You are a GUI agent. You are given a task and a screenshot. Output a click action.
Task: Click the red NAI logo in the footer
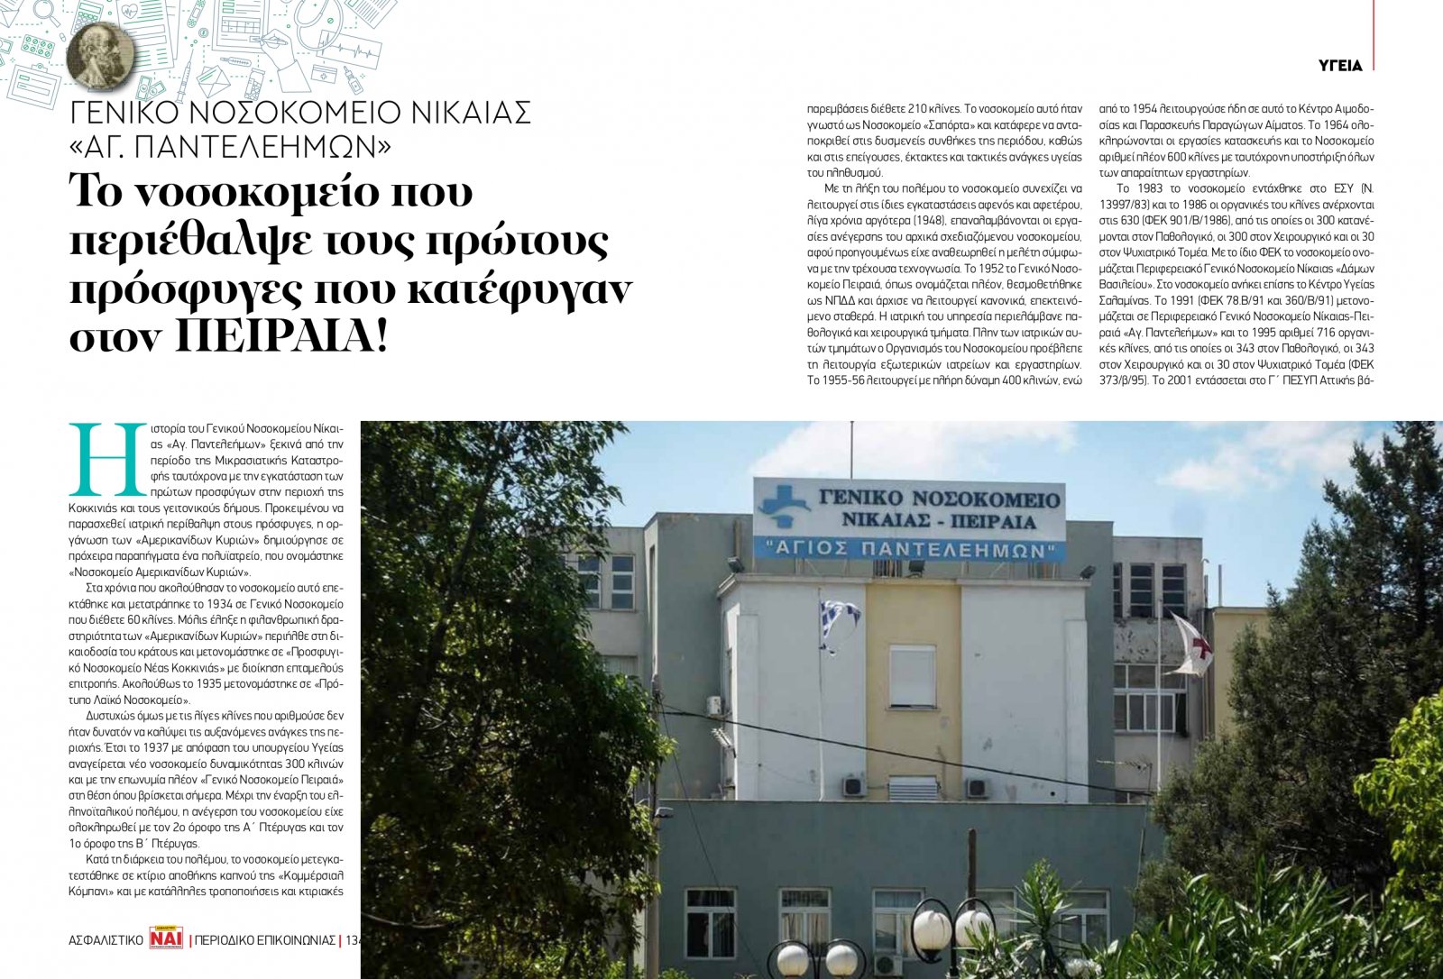pos(167,939)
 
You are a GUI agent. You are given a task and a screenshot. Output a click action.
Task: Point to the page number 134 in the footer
pos(352,940)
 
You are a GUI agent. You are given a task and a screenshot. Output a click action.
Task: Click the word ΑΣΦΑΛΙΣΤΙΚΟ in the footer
pos(106,940)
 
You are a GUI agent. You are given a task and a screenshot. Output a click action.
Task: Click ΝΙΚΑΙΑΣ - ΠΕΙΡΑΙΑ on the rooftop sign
pos(938,521)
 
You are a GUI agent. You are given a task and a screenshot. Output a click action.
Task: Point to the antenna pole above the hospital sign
pos(851,449)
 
